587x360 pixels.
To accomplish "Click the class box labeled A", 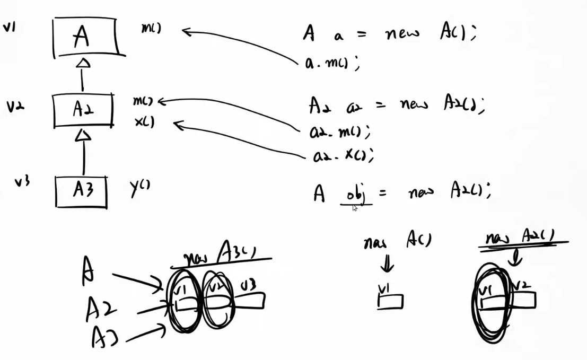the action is point(85,37).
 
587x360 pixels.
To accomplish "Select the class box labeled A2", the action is point(83,110).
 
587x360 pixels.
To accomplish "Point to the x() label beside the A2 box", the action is point(144,121).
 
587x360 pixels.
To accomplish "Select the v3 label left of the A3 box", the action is point(22,182).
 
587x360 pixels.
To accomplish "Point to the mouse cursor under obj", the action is point(355,208).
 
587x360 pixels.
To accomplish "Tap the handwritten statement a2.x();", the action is point(341,155).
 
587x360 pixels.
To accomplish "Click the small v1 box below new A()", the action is point(390,301).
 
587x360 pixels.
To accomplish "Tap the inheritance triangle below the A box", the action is point(83,64).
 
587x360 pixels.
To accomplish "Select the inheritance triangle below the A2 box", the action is point(83,136).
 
